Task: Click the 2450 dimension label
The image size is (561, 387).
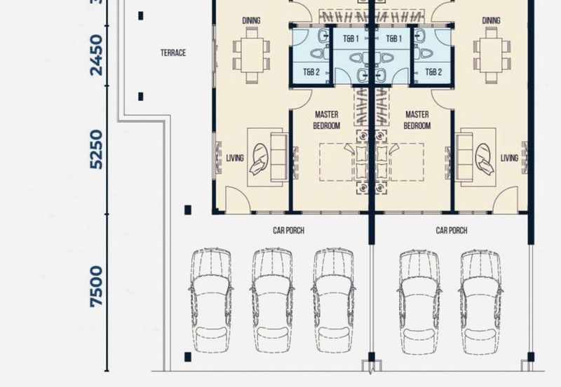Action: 96,55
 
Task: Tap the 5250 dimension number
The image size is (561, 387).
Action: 96,149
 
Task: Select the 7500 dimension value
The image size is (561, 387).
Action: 96,287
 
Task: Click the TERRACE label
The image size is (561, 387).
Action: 173,53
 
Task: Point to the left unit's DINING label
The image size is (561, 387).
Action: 251,20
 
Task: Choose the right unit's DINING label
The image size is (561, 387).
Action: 492,20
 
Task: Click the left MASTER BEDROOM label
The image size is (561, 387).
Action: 326,120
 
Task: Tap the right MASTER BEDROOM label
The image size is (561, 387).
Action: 417,120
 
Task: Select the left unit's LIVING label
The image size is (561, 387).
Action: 235,158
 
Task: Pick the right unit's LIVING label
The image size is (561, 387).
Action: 509,158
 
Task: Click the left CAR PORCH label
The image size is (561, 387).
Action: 288,231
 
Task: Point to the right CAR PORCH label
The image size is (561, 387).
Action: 452,231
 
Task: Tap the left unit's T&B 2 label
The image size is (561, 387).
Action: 311,72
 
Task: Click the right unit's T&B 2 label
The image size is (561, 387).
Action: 433,72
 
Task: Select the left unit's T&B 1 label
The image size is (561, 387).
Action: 351,39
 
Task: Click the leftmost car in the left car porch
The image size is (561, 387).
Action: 211,301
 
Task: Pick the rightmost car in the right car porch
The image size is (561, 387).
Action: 480,302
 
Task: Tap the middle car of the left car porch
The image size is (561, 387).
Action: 272,301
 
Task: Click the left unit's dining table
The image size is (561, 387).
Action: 252,55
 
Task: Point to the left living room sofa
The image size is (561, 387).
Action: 278,157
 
